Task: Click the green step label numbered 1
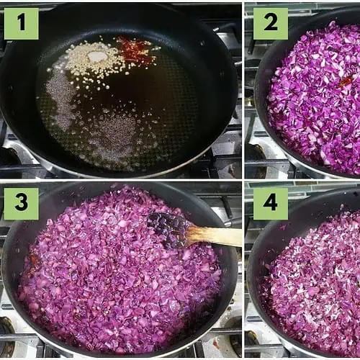[22, 24]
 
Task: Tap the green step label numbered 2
[271, 24]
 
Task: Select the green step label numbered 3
[22, 204]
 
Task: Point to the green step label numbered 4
[271, 204]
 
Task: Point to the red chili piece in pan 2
[346, 81]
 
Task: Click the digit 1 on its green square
[22, 22]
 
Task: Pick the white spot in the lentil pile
[98, 56]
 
